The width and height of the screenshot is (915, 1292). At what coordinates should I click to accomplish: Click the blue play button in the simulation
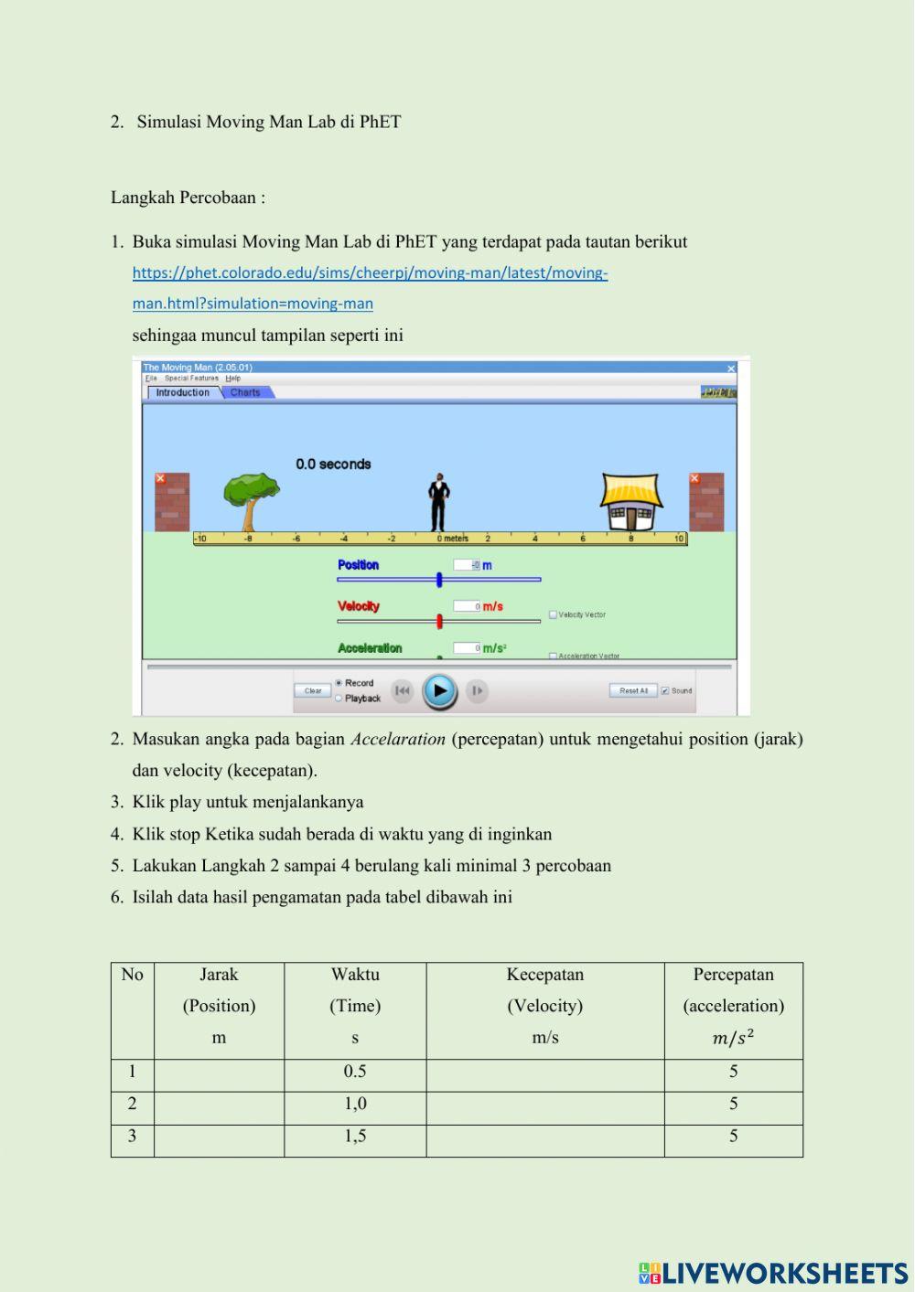click(439, 690)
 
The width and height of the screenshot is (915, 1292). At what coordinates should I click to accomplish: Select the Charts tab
click(245, 392)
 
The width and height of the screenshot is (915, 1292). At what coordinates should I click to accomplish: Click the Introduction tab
click(183, 392)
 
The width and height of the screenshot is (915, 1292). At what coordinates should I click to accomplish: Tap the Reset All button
click(633, 690)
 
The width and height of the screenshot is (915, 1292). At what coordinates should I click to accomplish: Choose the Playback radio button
click(339, 699)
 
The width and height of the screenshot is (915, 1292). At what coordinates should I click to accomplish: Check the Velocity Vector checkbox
click(553, 615)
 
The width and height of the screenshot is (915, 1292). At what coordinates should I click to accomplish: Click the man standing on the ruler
click(439, 502)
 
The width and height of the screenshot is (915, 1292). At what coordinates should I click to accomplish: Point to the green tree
click(250, 499)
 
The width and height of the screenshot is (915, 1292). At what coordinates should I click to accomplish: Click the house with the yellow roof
click(631, 502)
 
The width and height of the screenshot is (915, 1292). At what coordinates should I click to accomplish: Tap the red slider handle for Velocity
click(440, 622)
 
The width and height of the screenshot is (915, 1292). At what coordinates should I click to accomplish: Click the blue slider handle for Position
click(439, 580)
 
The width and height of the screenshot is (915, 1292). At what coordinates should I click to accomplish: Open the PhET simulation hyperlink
click(370, 273)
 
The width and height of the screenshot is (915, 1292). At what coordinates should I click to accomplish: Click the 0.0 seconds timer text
click(333, 464)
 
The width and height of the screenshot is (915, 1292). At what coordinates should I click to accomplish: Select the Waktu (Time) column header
click(355, 1006)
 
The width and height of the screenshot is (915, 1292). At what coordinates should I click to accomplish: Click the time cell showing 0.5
click(355, 1072)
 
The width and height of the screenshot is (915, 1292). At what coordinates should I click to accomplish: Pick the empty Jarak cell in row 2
click(219, 1105)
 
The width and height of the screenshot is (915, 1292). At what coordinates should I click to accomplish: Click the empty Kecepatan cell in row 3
click(544, 1137)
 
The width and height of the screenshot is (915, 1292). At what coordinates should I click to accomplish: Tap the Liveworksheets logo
click(773, 1273)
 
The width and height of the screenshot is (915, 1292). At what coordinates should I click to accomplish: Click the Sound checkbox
click(665, 690)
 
